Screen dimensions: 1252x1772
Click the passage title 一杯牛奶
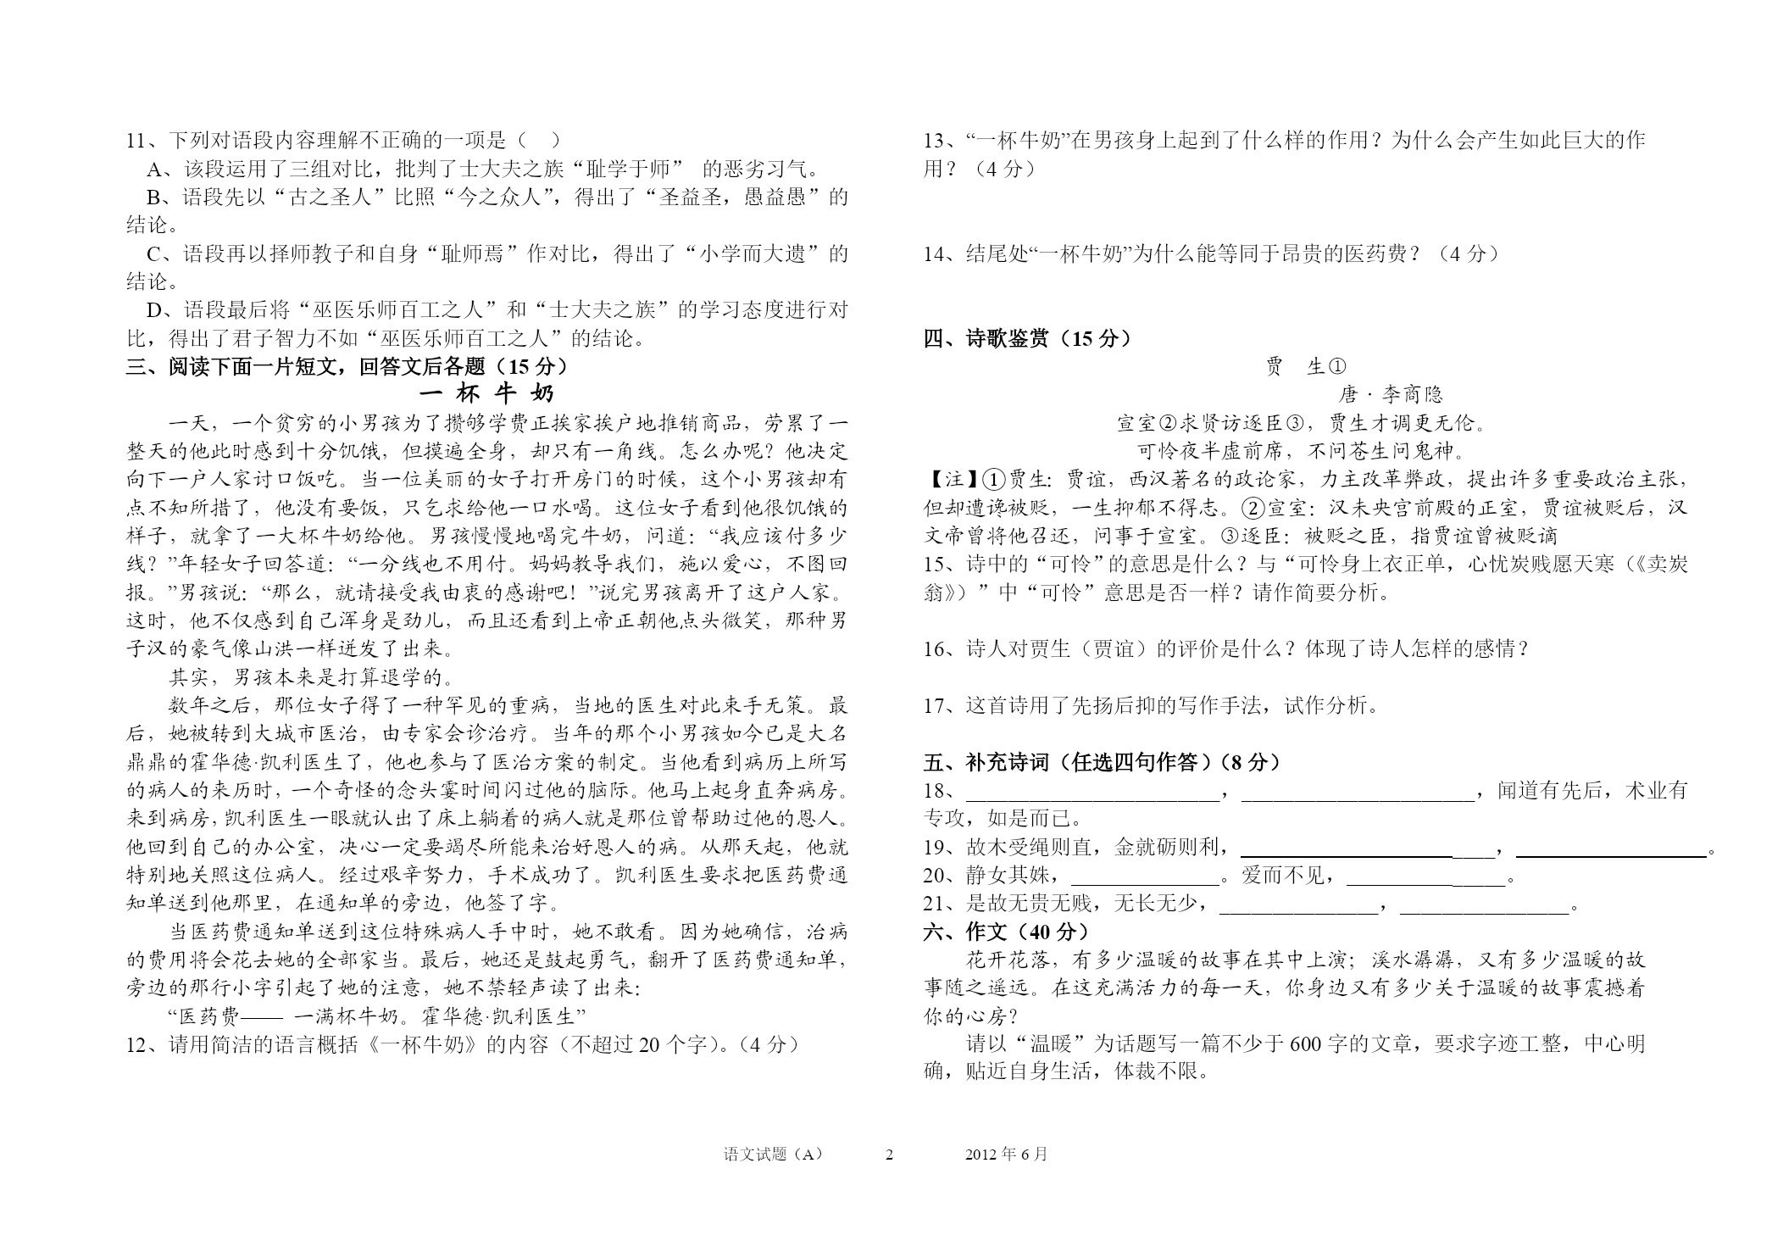486,394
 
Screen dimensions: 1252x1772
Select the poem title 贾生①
1305,366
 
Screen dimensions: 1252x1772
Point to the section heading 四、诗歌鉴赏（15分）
1027,338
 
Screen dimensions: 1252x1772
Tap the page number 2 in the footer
889,1155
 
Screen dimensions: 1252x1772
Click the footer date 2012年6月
1006,1155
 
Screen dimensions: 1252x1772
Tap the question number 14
935,253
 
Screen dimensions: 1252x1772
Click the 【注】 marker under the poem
944,480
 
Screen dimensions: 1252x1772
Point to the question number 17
935,705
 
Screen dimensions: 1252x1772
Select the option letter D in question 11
154,310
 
